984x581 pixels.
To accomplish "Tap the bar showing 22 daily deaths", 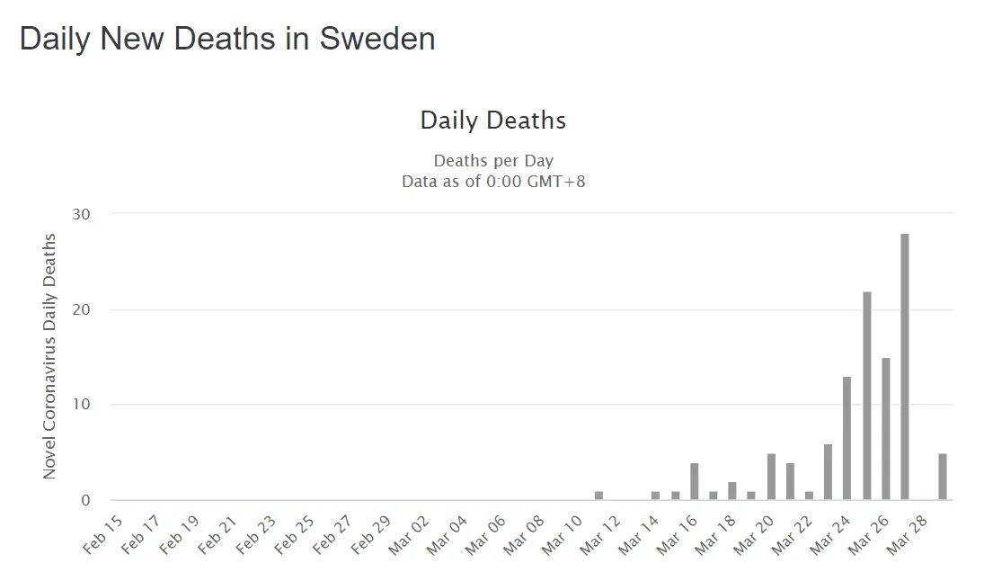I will (x=867, y=396).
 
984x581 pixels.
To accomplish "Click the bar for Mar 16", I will (x=695, y=481).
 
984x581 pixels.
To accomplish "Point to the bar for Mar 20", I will (x=771, y=477).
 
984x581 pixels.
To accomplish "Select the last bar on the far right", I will (x=943, y=477).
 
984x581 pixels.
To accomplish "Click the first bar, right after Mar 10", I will (x=598, y=496).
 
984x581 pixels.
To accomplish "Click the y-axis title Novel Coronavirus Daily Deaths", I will (x=50, y=356).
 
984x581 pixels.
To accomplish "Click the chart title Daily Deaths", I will (x=493, y=120).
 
